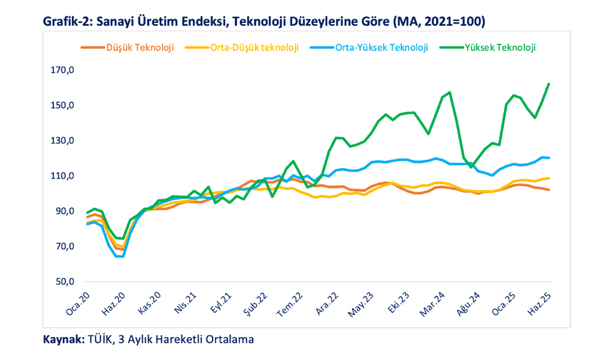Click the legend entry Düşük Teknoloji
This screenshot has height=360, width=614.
click(140, 48)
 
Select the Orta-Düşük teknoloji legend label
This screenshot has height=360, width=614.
click(253, 48)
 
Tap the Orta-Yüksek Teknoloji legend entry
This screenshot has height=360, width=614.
click(381, 48)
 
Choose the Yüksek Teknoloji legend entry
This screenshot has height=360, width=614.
click(500, 48)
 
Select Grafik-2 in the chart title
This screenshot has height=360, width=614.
click(68, 21)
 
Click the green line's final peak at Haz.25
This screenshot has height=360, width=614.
click(548, 84)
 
